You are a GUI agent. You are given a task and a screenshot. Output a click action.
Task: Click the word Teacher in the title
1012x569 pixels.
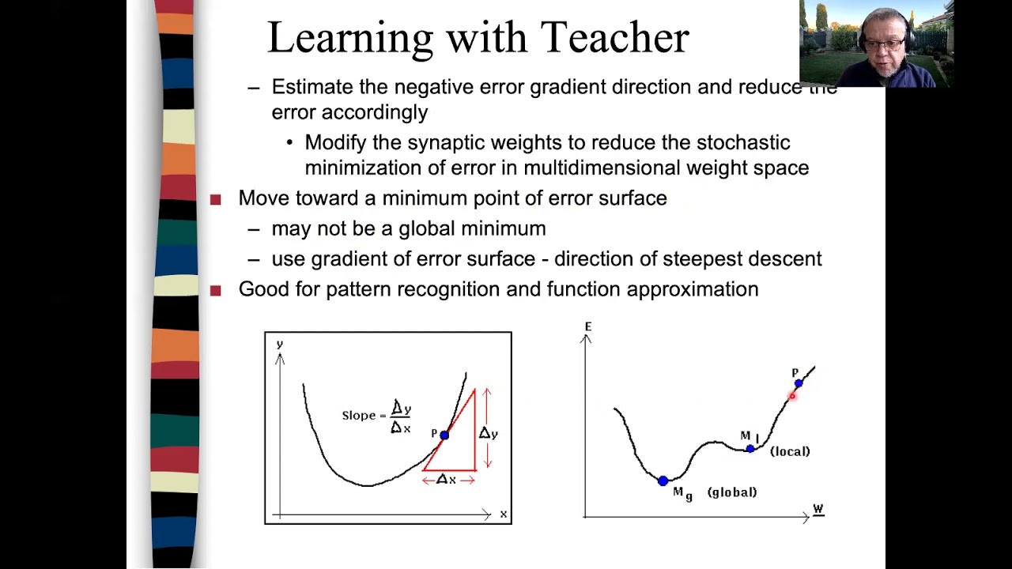click(x=614, y=37)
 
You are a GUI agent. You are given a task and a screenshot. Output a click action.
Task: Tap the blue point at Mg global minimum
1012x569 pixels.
click(x=663, y=480)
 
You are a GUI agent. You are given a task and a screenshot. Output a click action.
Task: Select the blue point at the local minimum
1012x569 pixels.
click(x=750, y=449)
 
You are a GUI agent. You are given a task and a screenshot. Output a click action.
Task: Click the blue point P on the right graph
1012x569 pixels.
click(x=799, y=383)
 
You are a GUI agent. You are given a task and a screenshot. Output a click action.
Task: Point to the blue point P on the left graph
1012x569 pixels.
click(x=444, y=435)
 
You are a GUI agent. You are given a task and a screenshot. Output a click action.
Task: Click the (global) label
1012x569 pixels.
click(x=732, y=492)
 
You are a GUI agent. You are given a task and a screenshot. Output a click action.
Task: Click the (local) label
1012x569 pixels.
click(x=790, y=451)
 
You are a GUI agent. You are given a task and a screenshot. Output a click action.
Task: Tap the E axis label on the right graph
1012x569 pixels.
click(x=588, y=326)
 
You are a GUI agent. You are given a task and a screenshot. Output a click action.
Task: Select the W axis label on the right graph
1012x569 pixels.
click(x=818, y=511)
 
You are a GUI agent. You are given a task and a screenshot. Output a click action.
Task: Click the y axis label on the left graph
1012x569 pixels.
click(x=280, y=344)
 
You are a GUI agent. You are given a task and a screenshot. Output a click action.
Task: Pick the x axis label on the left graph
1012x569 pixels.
click(x=504, y=514)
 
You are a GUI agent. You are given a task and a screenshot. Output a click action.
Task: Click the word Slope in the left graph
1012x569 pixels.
click(x=358, y=415)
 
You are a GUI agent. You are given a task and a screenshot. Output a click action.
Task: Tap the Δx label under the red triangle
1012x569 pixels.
click(x=447, y=480)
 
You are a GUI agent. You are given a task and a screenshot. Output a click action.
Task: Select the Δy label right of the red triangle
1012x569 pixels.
click(x=489, y=433)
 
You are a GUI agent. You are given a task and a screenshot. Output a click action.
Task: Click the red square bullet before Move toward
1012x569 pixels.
click(x=216, y=200)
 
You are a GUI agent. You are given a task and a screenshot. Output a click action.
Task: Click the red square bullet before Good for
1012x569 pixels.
click(x=216, y=291)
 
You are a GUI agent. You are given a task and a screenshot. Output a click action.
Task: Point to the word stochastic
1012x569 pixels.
click(x=742, y=143)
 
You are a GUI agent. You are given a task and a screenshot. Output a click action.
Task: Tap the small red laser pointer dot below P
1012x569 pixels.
click(x=791, y=397)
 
